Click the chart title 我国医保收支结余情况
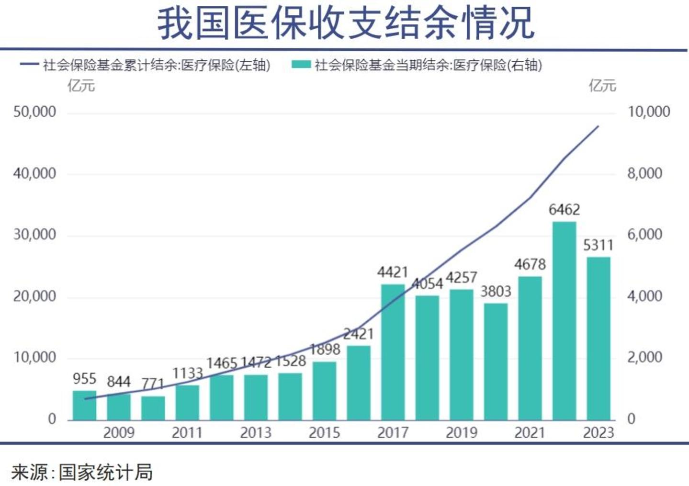click(346, 23)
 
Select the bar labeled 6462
click(564, 321)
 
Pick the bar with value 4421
click(393, 352)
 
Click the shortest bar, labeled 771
click(153, 408)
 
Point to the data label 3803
click(496, 291)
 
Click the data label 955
click(85, 379)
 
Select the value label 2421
click(358, 334)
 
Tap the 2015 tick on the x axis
click(324, 433)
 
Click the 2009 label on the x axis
click(119, 433)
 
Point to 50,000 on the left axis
click(34, 112)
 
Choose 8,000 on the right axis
click(645, 173)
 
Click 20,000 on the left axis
click(34, 296)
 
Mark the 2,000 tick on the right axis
click(645, 357)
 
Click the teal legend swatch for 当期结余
click(301, 64)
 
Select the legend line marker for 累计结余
click(29, 64)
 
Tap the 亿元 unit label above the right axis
click(602, 86)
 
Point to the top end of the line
click(598, 126)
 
